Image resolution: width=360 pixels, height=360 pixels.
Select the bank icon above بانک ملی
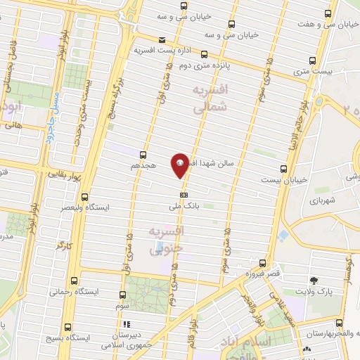pos(184,195)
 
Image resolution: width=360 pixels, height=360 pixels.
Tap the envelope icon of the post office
pos(162,40)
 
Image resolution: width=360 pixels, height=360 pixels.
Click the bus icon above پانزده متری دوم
pos(205,53)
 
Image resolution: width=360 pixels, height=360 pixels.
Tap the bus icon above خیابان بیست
pos(283,169)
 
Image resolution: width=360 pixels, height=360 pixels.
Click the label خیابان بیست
pos(289,179)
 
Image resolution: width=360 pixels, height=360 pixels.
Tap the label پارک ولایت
pos(311,290)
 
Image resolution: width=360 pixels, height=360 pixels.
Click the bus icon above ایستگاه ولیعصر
pos(85,198)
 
